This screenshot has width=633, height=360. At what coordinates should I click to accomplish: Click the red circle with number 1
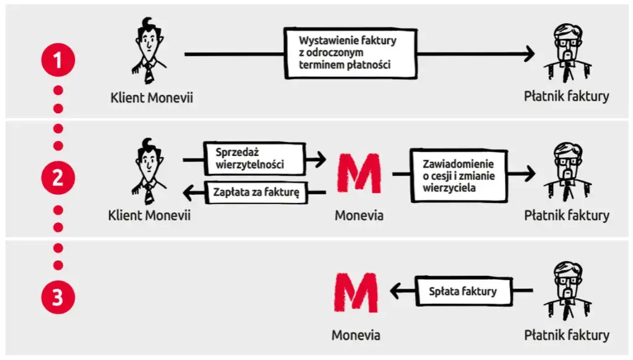click(58, 61)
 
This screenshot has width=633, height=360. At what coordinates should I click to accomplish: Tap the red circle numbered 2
click(58, 178)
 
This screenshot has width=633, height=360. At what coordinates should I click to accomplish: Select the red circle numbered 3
click(58, 298)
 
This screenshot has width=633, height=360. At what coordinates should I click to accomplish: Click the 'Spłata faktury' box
click(463, 291)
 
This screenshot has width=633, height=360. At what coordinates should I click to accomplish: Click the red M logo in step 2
click(358, 174)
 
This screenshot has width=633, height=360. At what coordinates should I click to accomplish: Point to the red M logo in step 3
click(355, 294)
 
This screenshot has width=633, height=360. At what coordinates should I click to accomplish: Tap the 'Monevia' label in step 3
click(356, 335)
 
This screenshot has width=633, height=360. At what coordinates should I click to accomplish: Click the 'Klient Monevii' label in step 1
click(152, 97)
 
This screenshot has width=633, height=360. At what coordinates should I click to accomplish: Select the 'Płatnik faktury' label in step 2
click(566, 215)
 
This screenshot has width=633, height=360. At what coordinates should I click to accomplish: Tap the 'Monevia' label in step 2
click(359, 216)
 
